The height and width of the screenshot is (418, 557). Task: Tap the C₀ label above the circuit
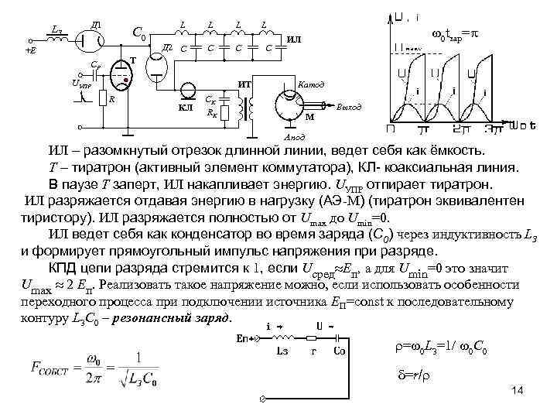[139, 33]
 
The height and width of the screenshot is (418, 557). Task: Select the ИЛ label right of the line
[295, 39]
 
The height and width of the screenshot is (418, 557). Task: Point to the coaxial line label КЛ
[186, 108]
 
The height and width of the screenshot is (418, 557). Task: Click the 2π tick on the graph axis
[456, 126]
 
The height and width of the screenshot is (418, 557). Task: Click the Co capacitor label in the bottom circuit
[338, 350]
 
